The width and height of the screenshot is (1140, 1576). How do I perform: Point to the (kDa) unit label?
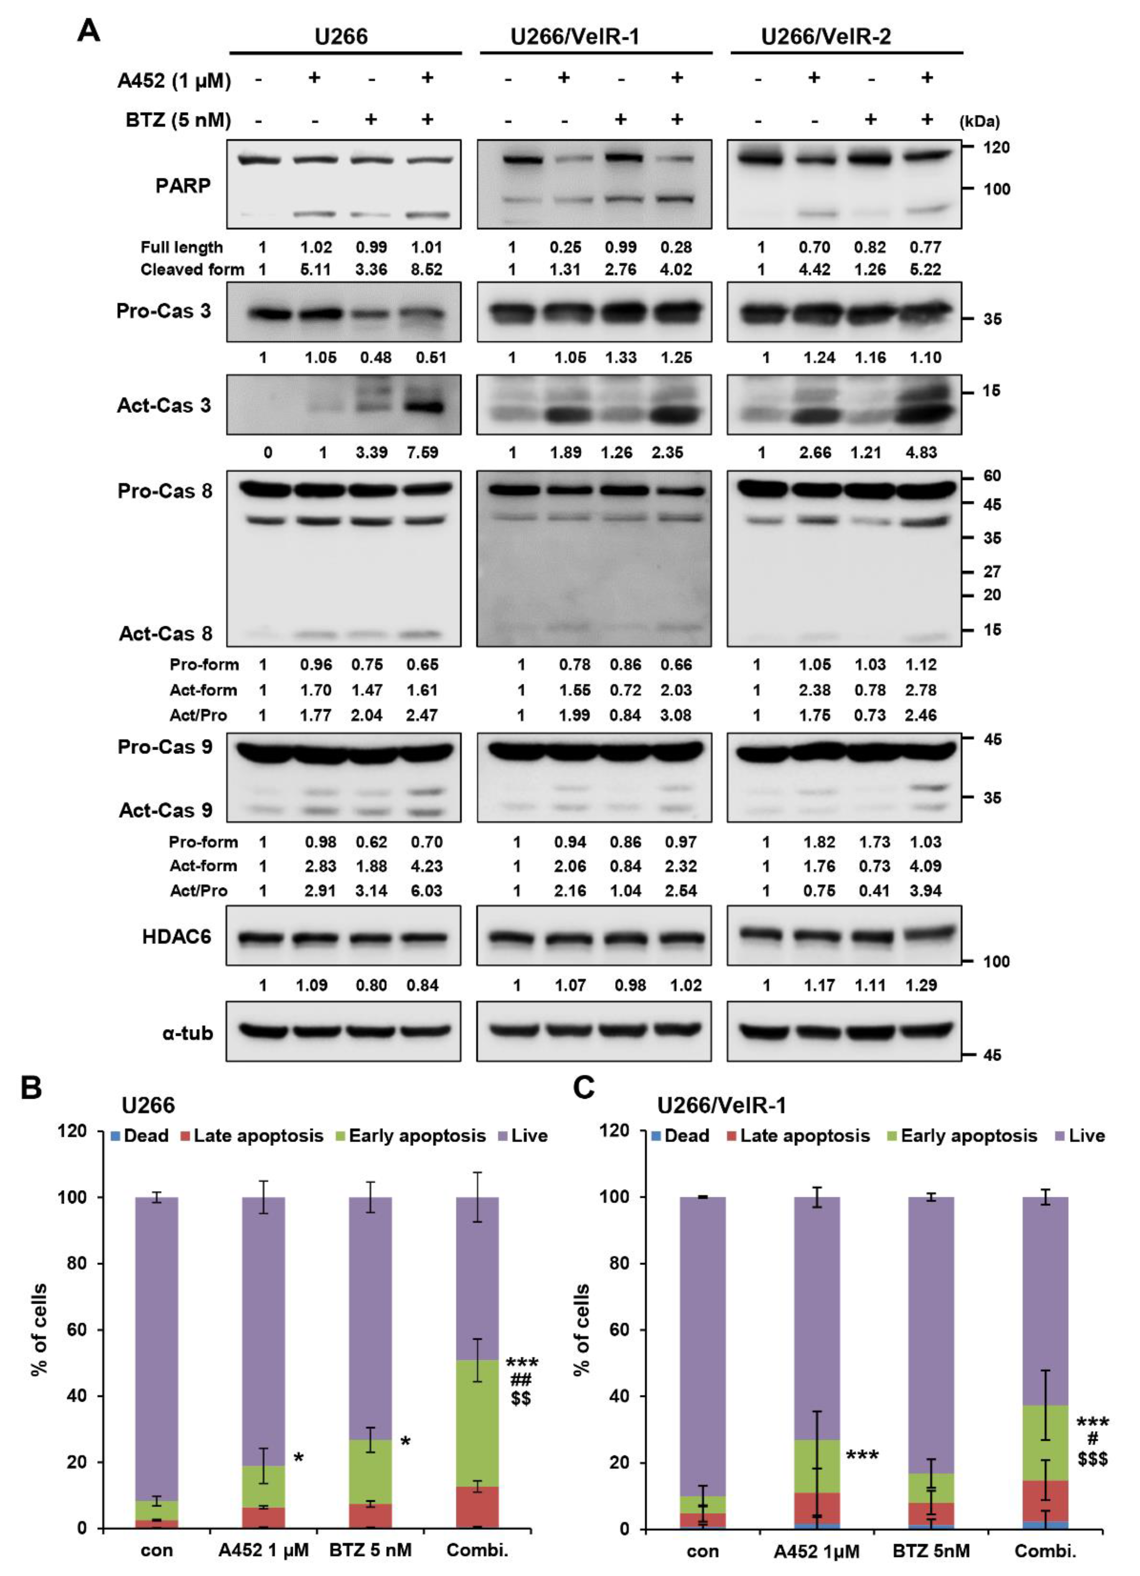[x=980, y=122]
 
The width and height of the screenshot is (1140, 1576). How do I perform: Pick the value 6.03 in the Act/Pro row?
[x=426, y=891]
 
